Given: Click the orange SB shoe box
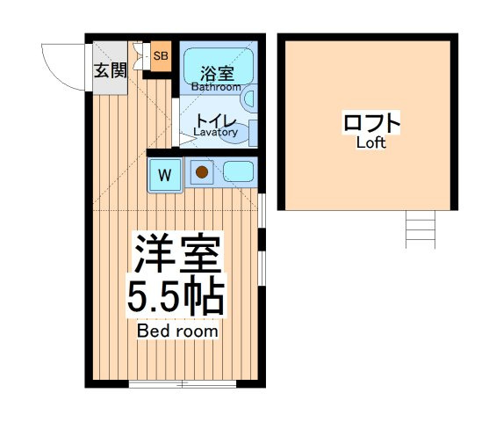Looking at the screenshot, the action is [161, 56].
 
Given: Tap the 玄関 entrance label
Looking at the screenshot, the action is [111, 70].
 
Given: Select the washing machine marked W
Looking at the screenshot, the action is [165, 175].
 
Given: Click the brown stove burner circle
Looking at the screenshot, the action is [202, 172].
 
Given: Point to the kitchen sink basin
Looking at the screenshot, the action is [239, 171].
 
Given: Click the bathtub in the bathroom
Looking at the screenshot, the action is [219, 66].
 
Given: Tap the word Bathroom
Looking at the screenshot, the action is [216, 87].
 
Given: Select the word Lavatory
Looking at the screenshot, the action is [215, 132].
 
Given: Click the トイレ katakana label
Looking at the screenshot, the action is [216, 121].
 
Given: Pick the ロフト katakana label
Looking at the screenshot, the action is [371, 123].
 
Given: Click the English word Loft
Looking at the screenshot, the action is [371, 143].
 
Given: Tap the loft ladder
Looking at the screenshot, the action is [421, 229].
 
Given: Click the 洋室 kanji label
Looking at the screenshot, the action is [177, 254].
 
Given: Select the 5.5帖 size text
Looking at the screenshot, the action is [176, 296].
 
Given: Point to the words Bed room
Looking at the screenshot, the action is [177, 331].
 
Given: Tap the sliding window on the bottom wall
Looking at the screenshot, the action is [183, 384].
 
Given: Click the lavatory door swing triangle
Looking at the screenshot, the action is [187, 139].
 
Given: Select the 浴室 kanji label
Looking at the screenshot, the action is [218, 74].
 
